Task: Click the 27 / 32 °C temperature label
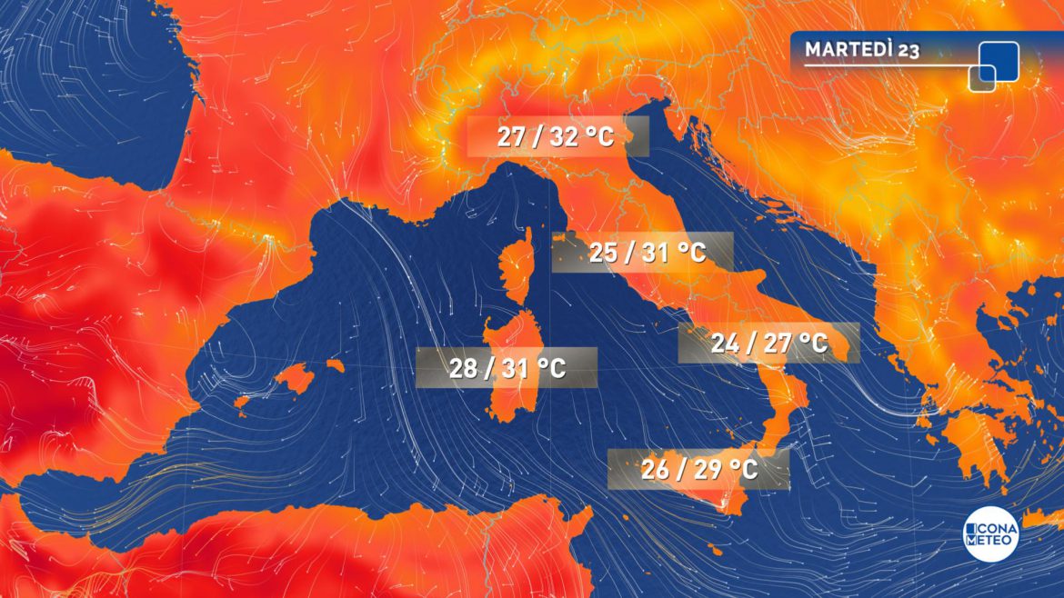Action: [x=557, y=137]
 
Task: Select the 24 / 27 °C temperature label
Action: [x=768, y=344]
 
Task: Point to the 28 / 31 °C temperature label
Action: [x=507, y=368]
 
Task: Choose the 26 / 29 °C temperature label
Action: [x=698, y=471]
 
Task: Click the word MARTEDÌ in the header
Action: [x=849, y=50]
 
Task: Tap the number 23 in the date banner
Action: [x=908, y=51]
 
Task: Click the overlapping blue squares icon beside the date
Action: [x=994, y=65]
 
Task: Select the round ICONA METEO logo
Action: [x=991, y=534]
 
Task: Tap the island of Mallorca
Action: [x=293, y=376]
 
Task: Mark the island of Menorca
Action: [x=335, y=365]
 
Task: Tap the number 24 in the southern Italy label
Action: [x=726, y=344]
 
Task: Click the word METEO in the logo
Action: [x=991, y=542]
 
